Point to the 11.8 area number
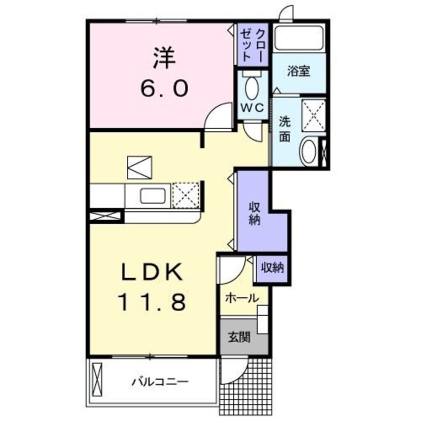pyautogui.click(x=152, y=302)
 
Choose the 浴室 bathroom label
pyautogui.click(x=298, y=71)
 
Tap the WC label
pyautogui.click(x=251, y=107)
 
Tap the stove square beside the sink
pyautogui.click(x=186, y=195)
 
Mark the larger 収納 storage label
pyautogui.click(x=254, y=213)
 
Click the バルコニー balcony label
pyautogui.click(x=160, y=382)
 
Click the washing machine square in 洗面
pyautogui.click(x=313, y=113)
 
